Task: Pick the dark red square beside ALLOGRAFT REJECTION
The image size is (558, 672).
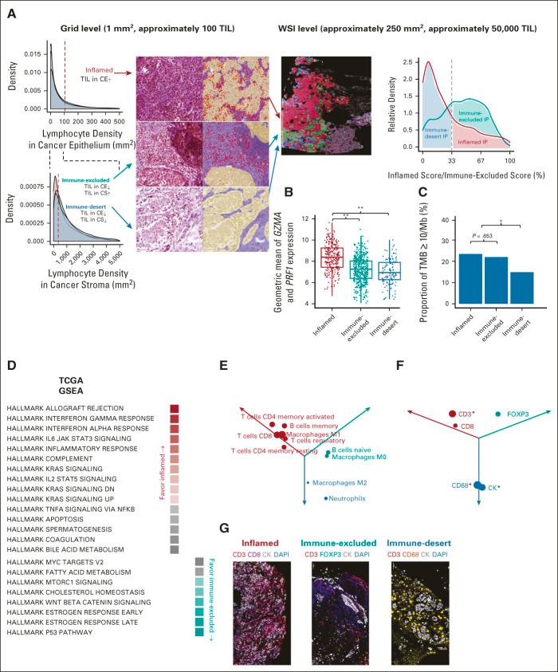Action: pyautogui.click(x=174, y=409)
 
